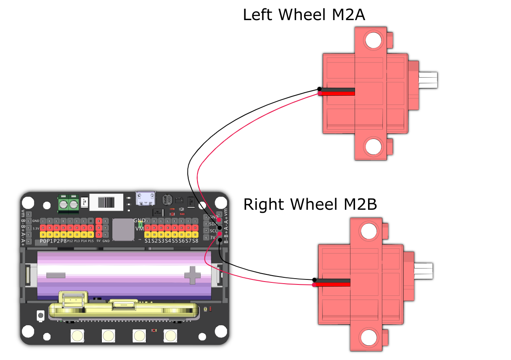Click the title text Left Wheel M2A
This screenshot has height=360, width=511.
[x=304, y=15]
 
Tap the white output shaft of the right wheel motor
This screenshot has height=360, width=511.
[x=424, y=270]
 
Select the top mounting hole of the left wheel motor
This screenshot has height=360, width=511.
[x=373, y=40]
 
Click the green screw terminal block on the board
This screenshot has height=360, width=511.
[x=69, y=203]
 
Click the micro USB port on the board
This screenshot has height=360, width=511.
[x=145, y=198]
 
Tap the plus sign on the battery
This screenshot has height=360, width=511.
[x=193, y=275]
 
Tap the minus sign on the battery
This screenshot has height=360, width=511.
[x=56, y=275]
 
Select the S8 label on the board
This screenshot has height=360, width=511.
[x=195, y=240]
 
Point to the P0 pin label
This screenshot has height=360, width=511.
[x=43, y=241]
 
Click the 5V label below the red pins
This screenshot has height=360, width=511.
[x=99, y=241]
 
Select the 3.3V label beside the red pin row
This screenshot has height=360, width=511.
[x=36, y=228]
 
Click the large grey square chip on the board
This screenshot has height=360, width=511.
[x=123, y=229]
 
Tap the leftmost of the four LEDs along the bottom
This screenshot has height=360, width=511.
[x=77, y=335]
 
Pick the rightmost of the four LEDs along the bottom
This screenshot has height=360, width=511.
[x=170, y=335]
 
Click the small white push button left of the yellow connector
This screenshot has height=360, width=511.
[x=41, y=315]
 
